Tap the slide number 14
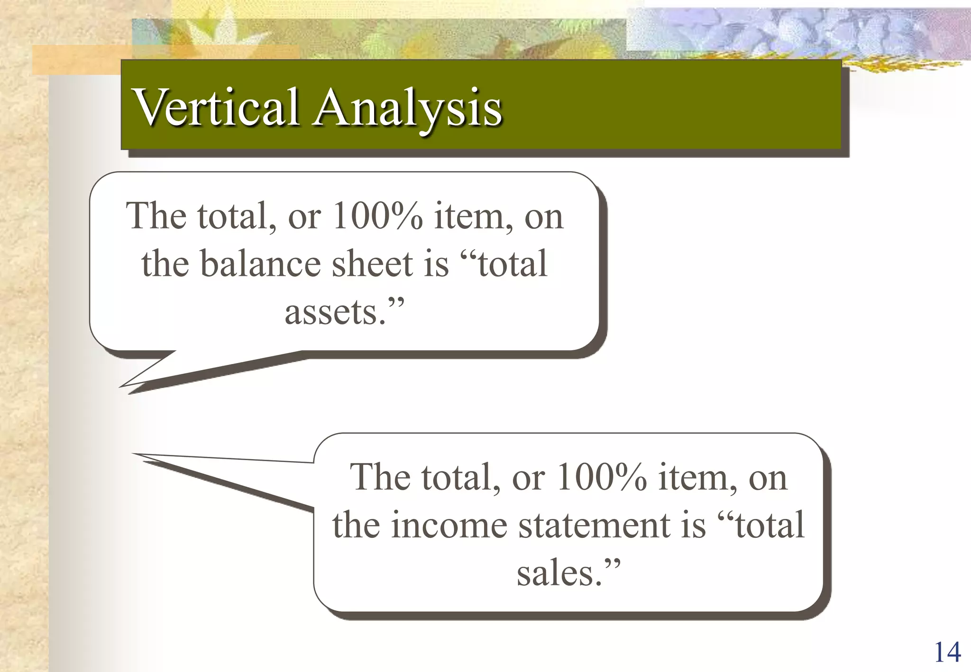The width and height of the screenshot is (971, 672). pos(947,652)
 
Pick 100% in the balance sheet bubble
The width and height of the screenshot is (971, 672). pos(377,216)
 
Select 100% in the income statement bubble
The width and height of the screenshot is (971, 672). pos(601,477)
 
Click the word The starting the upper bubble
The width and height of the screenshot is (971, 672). pos(156,216)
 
